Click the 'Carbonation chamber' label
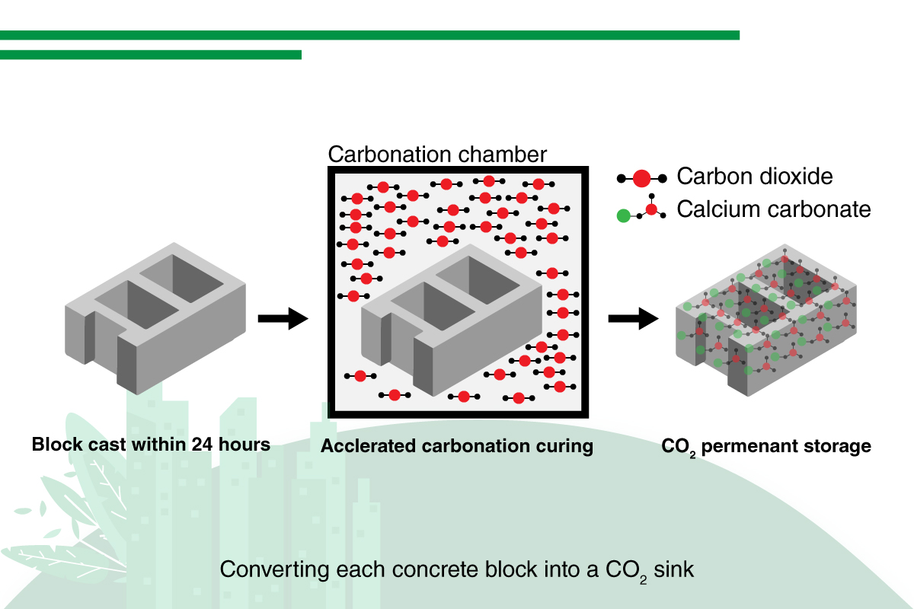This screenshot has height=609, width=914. (x=437, y=155)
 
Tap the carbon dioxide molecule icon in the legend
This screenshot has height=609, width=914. (x=641, y=178)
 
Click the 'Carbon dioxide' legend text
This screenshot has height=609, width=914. (x=755, y=177)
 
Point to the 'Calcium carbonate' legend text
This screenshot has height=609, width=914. (x=773, y=209)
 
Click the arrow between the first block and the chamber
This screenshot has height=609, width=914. (x=283, y=319)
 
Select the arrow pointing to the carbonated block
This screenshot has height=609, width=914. (x=632, y=319)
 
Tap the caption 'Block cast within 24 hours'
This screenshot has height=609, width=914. (x=151, y=444)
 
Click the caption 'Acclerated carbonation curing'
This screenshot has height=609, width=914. (x=456, y=446)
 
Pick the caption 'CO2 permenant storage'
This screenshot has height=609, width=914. (x=765, y=446)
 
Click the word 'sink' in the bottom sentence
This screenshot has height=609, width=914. (x=674, y=569)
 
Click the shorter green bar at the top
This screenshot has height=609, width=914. (x=151, y=55)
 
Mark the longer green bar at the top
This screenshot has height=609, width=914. (x=369, y=35)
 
